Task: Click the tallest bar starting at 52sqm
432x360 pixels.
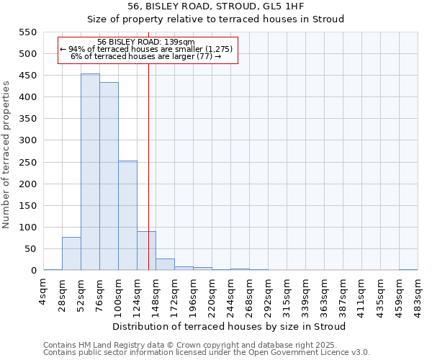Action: coord(90,173)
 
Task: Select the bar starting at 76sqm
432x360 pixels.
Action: coord(109,176)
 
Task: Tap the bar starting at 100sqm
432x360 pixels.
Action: coord(127,216)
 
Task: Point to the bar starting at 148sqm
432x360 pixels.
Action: coord(165,264)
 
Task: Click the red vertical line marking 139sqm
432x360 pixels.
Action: coord(148,144)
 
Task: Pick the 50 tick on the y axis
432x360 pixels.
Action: coord(30,249)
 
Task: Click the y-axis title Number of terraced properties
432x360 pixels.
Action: coord(6,155)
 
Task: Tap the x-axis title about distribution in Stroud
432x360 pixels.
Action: coord(230,326)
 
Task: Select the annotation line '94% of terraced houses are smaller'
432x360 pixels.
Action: coord(146,49)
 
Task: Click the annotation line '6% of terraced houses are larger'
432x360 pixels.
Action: coord(146,56)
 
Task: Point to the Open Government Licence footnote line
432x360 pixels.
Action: coord(207,352)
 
